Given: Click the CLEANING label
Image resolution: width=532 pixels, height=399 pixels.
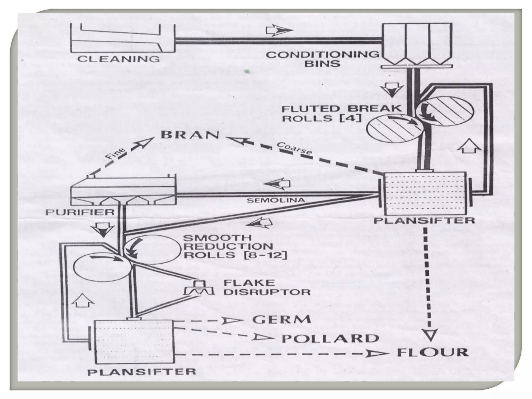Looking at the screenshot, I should point(118,59).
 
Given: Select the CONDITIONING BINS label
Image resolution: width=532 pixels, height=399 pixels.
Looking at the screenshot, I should point(322,59).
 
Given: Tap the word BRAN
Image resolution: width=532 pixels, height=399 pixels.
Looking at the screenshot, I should point(190,135).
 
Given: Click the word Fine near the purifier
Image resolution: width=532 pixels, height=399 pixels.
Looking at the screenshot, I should point(116,154).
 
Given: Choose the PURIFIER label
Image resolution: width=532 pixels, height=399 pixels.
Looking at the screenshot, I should point(80,212).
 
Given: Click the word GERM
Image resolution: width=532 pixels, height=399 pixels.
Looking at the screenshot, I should point(282,319).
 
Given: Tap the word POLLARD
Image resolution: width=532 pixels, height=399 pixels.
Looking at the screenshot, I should point(330,338).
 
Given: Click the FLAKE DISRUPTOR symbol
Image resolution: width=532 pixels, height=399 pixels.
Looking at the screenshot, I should point(199,288).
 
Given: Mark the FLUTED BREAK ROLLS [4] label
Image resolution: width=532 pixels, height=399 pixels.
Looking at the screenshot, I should point(342,113).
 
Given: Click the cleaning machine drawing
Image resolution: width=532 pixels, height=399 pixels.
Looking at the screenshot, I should point(122,38).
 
